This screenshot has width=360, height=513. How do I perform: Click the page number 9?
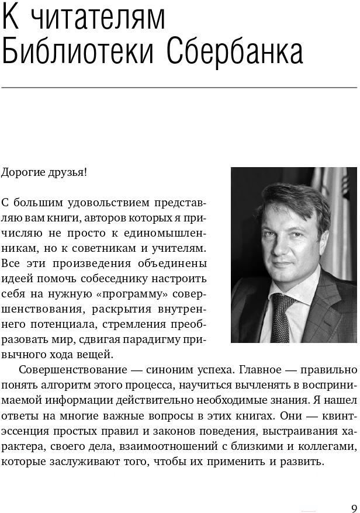(354, 507)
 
